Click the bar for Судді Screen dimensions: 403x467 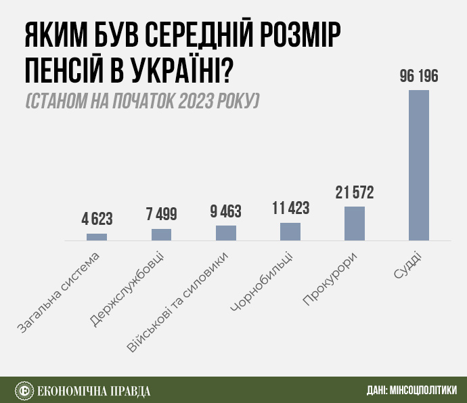419,165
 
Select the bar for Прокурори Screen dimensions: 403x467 355,224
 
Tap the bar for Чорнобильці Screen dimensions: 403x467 290,232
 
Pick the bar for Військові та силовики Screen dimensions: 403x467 226,233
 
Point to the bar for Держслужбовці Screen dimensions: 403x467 161,234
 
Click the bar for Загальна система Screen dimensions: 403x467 97,237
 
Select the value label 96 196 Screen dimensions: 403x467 419,77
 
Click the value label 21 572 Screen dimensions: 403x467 355,193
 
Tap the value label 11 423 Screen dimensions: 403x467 290,209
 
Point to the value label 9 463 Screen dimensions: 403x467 226,211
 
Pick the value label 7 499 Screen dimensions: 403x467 161,215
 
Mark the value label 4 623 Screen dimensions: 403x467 97,219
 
